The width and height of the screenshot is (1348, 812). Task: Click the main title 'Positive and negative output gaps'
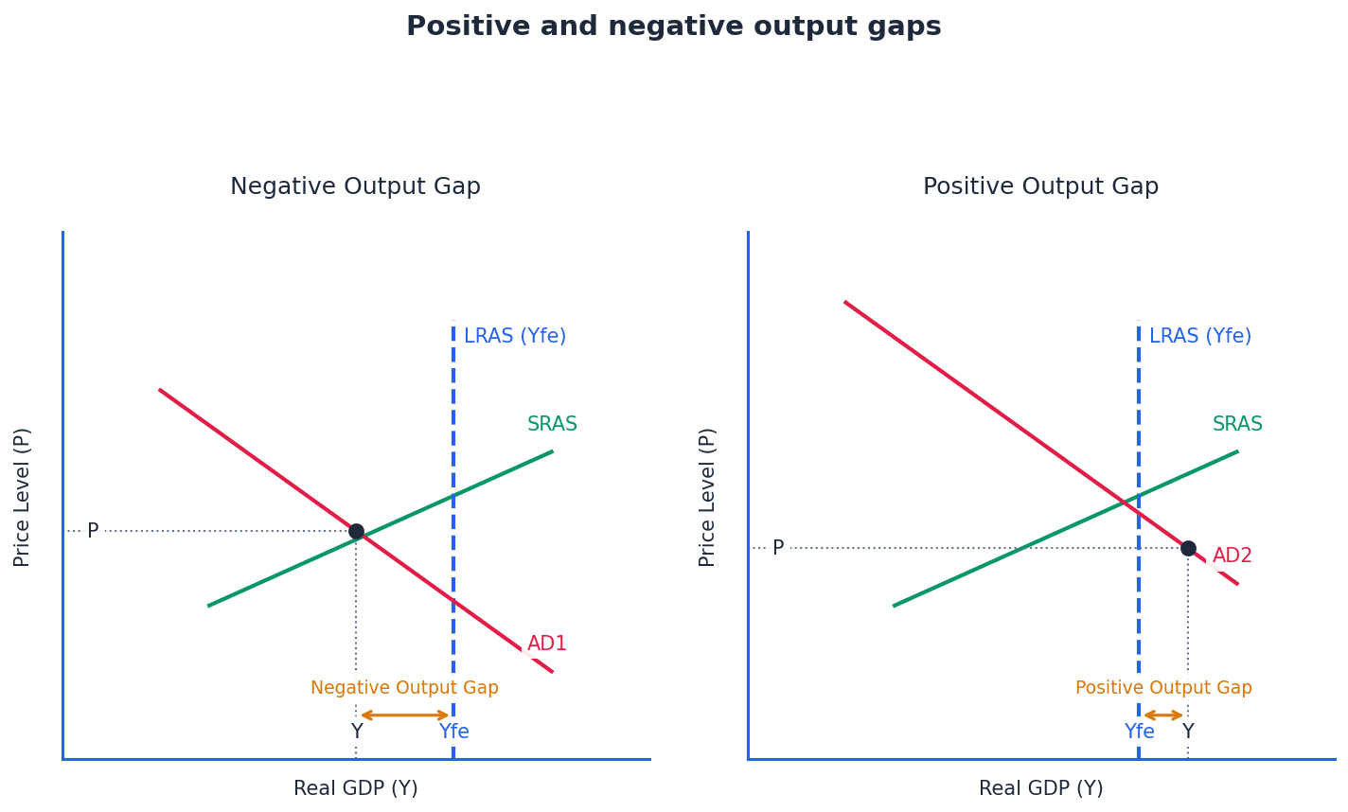click(x=673, y=27)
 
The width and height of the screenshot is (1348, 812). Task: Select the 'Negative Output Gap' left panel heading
click(x=355, y=187)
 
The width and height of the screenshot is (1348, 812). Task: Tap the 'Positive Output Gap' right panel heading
click(x=1040, y=187)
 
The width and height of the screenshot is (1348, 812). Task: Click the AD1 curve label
click(x=547, y=644)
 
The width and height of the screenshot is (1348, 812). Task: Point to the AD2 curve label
click(x=1233, y=556)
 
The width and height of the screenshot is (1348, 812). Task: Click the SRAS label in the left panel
click(x=552, y=425)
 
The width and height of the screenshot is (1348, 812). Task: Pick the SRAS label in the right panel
click(x=1237, y=425)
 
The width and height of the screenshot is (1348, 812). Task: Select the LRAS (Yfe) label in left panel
click(x=515, y=337)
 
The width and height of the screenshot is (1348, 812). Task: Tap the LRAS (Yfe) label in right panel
click(x=1200, y=337)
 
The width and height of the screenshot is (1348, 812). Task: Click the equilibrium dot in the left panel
click(x=356, y=532)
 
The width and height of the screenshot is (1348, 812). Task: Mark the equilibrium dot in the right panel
click(x=1188, y=549)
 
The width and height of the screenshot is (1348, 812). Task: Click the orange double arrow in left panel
click(x=405, y=715)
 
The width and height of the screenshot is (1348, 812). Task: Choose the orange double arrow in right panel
click(x=1163, y=715)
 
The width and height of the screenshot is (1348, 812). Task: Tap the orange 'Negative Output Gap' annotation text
click(x=404, y=689)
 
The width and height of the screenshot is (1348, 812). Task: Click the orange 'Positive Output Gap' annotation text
click(x=1163, y=689)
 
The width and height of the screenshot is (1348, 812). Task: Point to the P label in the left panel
click(x=93, y=532)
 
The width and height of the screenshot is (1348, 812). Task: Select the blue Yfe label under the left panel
click(x=453, y=733)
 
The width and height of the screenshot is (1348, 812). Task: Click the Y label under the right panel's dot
click(x=1188, y=733)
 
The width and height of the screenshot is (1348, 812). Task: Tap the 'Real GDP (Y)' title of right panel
click(x=1040, y=789)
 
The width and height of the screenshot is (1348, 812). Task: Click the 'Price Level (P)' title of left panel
click(x=23, y=497)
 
